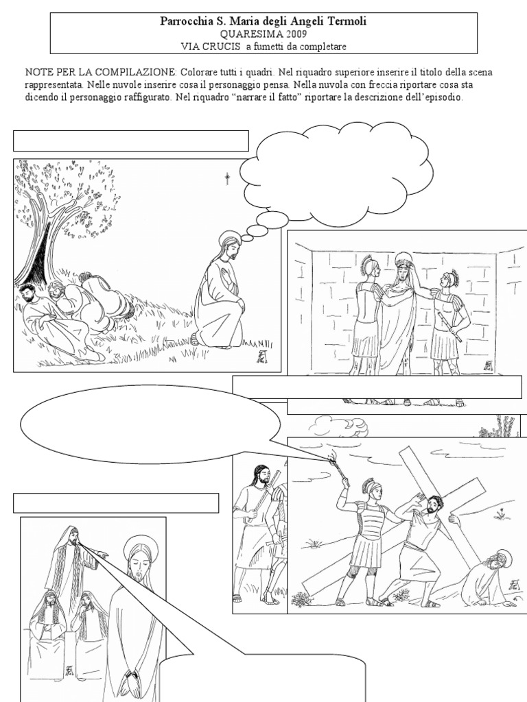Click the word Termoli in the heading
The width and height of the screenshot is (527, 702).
348,21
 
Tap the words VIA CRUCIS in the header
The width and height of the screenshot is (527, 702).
211,46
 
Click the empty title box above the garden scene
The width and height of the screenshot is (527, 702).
131,141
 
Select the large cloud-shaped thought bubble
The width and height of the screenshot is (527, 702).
337,175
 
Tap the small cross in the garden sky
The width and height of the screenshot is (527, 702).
227,179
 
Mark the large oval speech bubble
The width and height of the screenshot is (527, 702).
151,424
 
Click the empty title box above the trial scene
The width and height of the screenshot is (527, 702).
116,503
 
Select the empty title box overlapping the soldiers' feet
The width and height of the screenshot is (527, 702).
377,387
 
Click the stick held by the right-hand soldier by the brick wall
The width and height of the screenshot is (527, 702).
449,328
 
